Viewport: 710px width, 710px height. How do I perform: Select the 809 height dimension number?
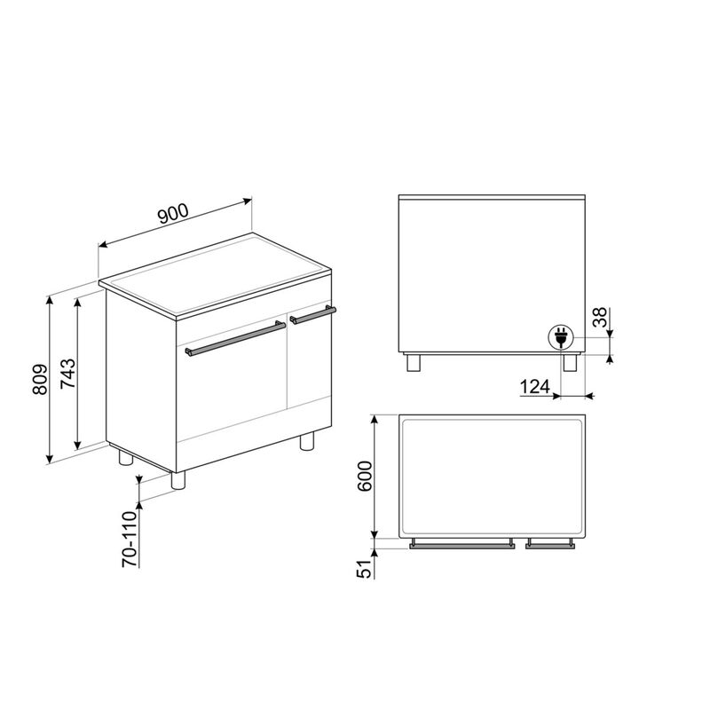point(35,381)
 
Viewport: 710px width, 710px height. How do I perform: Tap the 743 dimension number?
point(65,375)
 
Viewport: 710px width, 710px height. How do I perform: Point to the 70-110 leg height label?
point(129,539)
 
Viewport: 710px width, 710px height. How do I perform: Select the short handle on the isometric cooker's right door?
point(313,314)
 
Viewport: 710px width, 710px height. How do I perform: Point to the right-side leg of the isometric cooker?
point(307,441)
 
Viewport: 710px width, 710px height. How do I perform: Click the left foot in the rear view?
point(413,362)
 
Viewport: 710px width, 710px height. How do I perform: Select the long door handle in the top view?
point(462,546)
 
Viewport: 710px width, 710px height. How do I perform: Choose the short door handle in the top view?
point(551,546)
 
